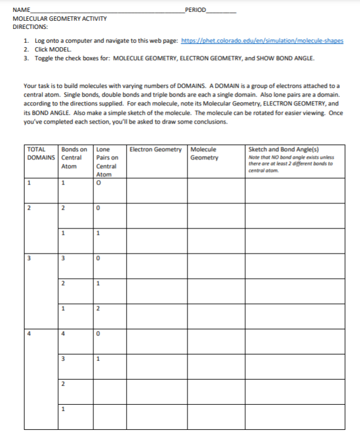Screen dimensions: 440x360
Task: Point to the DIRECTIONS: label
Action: coord(30,27)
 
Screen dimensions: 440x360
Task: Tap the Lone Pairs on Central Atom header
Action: coord(105,162)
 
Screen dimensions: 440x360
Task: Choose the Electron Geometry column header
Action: coord(155,149)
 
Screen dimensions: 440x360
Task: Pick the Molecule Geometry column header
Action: coord(204,153)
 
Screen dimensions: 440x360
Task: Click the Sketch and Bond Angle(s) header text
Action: coord(274,149)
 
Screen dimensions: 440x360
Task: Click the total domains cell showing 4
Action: coord(29,333)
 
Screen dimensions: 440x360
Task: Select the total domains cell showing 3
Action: coord(29,257)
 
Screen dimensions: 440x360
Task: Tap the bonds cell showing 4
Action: coord(63,333)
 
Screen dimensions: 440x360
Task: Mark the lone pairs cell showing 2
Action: coord(98,308)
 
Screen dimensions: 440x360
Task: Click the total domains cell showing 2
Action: coord(29,207)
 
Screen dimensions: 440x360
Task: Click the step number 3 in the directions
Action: coord(26,57)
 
